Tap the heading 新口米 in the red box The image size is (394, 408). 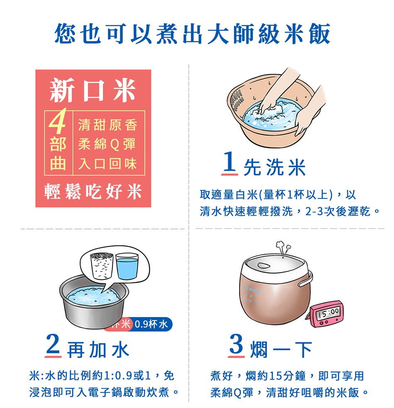pos(93,90)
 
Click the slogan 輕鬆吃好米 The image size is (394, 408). pos(93,192)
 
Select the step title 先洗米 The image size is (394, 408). pos(275,168)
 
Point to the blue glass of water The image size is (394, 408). pos(127,265)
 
